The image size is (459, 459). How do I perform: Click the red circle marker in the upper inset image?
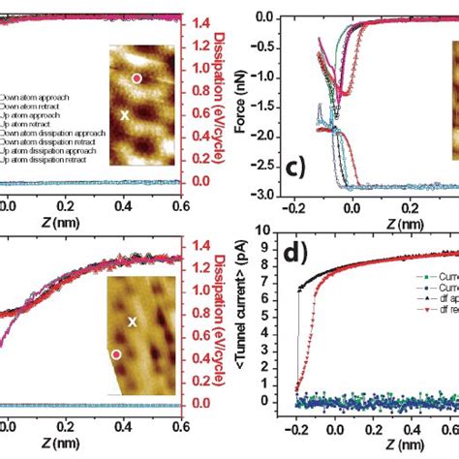(137, 77)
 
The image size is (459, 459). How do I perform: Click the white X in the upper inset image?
(124, 114)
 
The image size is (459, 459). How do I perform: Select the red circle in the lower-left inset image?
(116, 355)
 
